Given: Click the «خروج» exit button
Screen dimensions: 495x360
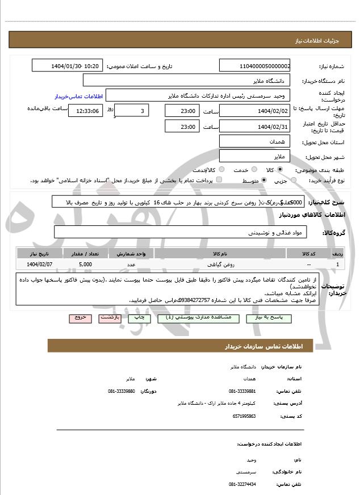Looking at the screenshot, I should pyautogui.click(x=79, y=318).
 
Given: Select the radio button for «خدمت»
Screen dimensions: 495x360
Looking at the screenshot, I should pyautogui.click(x=222, y=170).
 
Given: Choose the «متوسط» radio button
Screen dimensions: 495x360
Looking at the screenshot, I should pyautogui.click(x=265, y=180).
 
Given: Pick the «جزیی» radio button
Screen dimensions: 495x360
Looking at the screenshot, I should pyautogui.click(x=301, y=180).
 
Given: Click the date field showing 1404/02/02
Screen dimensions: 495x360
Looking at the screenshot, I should pyautogui.click(x=254, y=111).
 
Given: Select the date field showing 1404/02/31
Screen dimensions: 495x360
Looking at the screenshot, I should pyautogui.click(x=254, y=127).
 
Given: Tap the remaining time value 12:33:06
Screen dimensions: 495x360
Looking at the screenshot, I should pyautogui.click(x=86, y=111).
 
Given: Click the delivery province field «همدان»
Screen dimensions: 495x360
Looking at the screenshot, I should pyautogui.click(x=254, y=141).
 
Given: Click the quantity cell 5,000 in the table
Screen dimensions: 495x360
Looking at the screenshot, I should pyautogui.click(x=85, y=264).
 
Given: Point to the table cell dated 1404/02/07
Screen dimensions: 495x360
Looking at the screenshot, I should pyautogui.click(x=39, y=264).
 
